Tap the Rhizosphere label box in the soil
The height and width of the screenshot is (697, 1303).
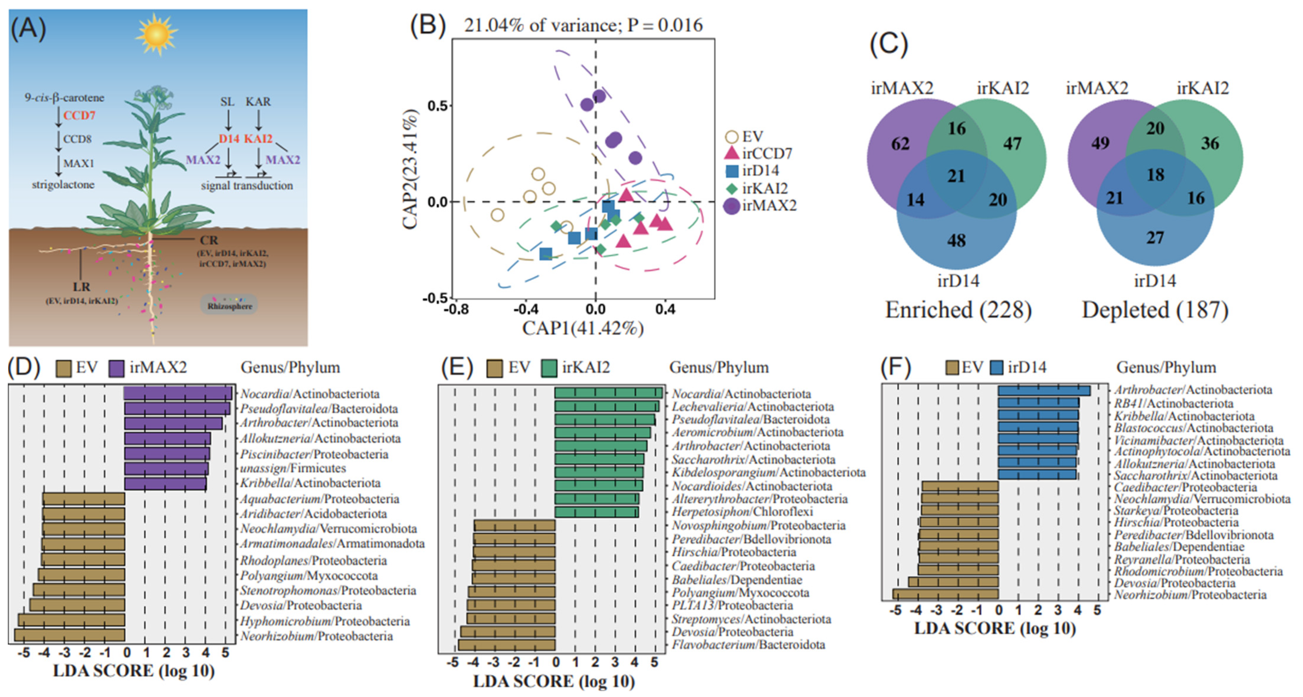point(230,305)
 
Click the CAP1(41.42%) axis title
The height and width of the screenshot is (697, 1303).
point(583,328)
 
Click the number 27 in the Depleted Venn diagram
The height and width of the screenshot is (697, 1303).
point(1155,238)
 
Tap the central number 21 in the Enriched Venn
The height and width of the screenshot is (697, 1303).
point(956,176)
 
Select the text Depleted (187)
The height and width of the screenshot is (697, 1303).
point(1155,310)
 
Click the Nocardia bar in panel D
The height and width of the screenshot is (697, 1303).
point(178,393)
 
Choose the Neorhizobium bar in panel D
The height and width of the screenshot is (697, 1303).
point(70,635)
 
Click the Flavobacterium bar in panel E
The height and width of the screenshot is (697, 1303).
point(507,644)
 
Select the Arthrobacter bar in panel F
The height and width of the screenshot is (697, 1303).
point(1044,390)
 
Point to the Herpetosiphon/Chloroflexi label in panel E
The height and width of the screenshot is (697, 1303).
point(742,512)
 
